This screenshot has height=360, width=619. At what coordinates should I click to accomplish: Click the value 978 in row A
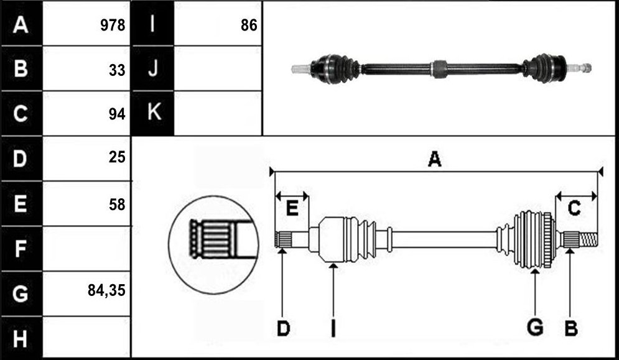[113, 25]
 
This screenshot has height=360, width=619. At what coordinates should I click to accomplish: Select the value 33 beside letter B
[117, 70]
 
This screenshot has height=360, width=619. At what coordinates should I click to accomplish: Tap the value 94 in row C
[117, 114]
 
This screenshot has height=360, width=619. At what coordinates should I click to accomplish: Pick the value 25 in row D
[117, 157]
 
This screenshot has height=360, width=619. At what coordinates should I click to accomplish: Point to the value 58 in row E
[117, 205]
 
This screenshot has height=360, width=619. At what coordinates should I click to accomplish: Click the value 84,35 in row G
[106, 291]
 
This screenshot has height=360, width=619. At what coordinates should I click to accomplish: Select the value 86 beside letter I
[249, 25]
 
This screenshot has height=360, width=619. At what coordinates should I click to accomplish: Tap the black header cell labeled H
[22, 338]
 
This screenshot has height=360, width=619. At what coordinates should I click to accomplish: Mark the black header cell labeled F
[22, 249]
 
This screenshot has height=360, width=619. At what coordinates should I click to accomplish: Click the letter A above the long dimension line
[434, 159]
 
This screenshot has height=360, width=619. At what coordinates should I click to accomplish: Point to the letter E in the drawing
[292, 208]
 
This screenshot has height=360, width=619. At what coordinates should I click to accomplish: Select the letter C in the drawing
[574, 208]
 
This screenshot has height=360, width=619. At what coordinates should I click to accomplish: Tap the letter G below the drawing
[535, 328]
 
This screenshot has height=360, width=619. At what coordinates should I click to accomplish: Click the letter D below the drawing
[283, 328]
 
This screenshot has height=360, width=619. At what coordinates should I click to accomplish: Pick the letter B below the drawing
[571, 328]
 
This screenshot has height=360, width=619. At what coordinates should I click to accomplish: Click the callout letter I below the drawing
[333, 328]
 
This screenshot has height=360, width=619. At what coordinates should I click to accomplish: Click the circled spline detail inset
[213, 245]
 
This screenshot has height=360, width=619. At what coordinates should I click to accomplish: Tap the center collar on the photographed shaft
[439, 69]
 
